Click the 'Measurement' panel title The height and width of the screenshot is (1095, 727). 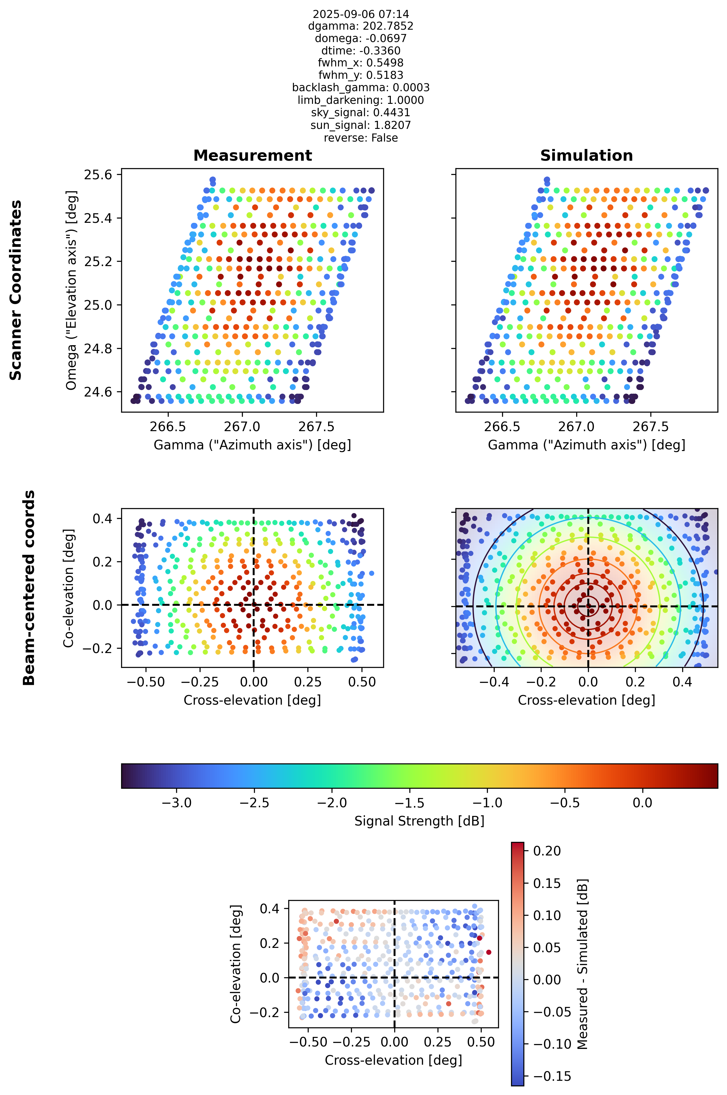253,155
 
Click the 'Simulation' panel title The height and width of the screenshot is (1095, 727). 586,155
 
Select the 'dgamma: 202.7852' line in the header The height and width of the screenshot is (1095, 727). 361,26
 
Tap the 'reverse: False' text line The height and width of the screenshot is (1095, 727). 361,138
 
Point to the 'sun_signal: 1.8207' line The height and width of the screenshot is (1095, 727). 361,125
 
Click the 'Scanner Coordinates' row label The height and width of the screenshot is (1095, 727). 16,290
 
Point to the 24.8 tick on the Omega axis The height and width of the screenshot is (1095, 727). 98,348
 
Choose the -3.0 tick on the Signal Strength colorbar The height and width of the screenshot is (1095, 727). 177,803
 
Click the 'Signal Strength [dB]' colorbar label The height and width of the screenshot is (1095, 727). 420,821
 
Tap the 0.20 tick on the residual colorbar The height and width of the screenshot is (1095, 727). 547,851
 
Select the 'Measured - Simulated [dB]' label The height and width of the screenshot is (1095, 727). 582,964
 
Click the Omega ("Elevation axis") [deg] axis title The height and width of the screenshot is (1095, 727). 71,290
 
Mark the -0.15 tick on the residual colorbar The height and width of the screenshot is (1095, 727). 552,1076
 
